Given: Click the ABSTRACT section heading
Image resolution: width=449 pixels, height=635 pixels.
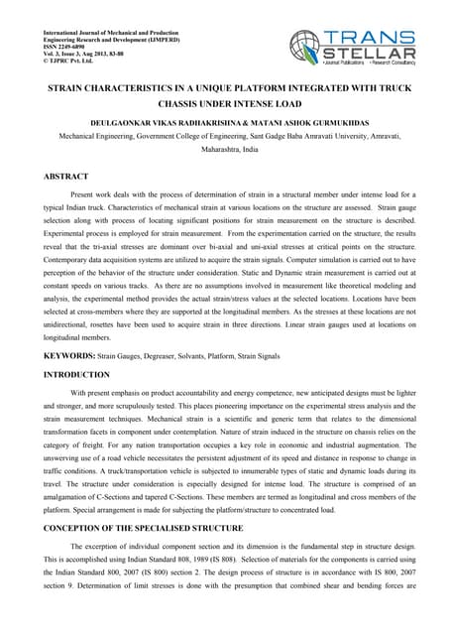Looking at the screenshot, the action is click(x=63, y=176).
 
